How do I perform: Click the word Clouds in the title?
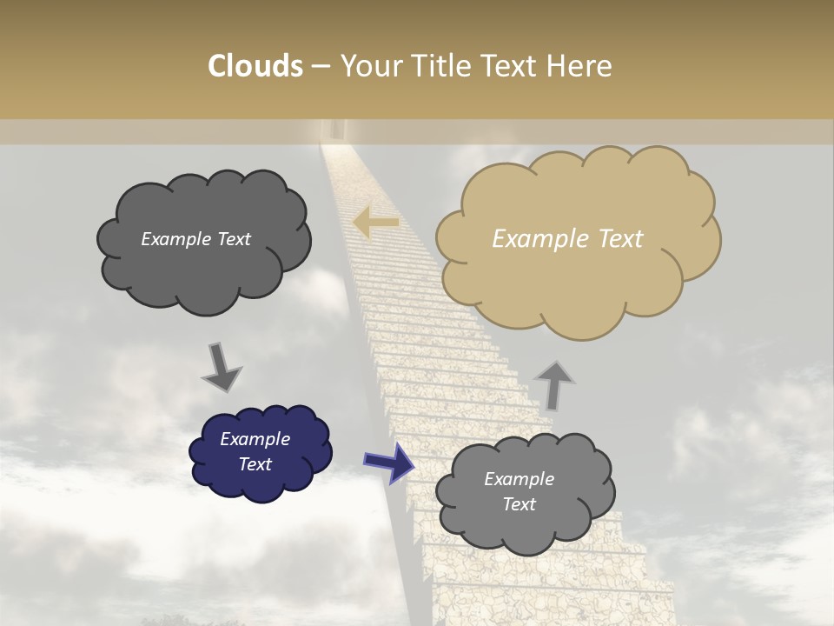255,66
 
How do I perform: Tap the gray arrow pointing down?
222,368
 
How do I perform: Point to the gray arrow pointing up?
554,385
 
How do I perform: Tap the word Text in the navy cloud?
255,464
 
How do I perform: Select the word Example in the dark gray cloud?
175,239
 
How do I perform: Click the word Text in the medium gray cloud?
519,504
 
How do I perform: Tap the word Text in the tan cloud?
620,239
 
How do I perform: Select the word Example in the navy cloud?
255,439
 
